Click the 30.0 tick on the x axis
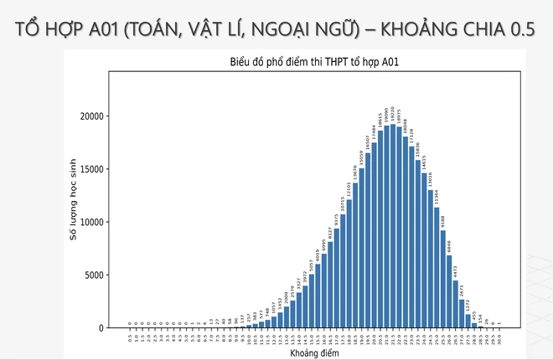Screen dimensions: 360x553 pyautogui.click(x=499, y=338)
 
